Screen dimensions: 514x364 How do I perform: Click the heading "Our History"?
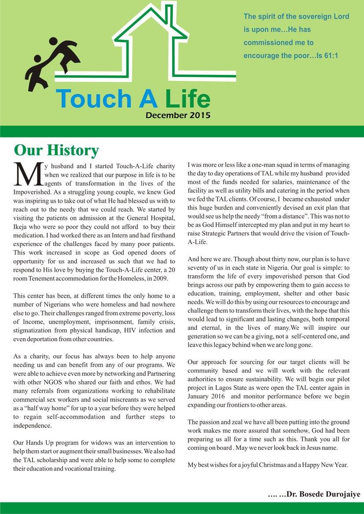click(x=56, y=150)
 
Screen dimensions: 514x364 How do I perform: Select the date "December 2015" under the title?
click(x=178, y=116)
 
